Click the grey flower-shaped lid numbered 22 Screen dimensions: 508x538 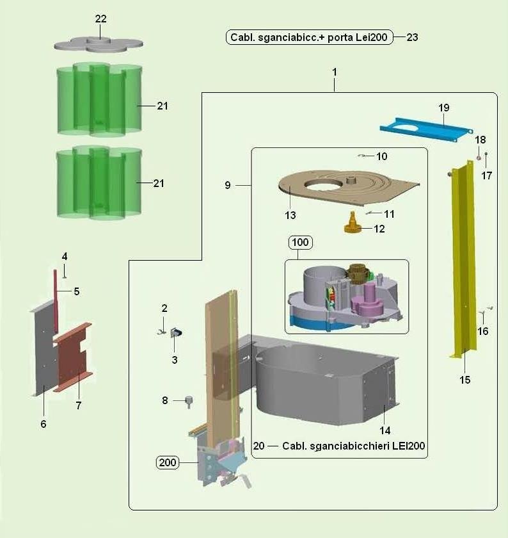[x=99, y=45]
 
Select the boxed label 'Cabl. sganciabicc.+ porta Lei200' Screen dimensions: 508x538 [x=309, y=37]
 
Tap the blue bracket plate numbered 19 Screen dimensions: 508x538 [x=426, y=130]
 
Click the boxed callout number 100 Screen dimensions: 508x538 [x=300, y=242]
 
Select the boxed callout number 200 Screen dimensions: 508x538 [x=168, y=462]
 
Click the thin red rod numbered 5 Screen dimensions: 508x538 [x=55, y=302]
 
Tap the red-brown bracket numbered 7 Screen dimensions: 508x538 [x=73, y=357]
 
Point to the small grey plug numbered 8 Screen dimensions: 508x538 [x=189, y=401]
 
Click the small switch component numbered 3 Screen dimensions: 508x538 [x=176, y=332]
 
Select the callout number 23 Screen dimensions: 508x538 [x=412, y=37]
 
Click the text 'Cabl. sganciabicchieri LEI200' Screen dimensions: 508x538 [x=353, y=446]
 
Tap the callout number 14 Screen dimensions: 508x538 [x=385, y=430]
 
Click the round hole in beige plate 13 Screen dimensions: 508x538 [x=323, y=184]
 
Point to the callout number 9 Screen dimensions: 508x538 [x=228, y=185]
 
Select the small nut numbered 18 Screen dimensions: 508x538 [x=479, y=158]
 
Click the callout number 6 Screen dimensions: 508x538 [x=44, y=424]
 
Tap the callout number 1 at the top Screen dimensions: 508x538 [x=335, y=72]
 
